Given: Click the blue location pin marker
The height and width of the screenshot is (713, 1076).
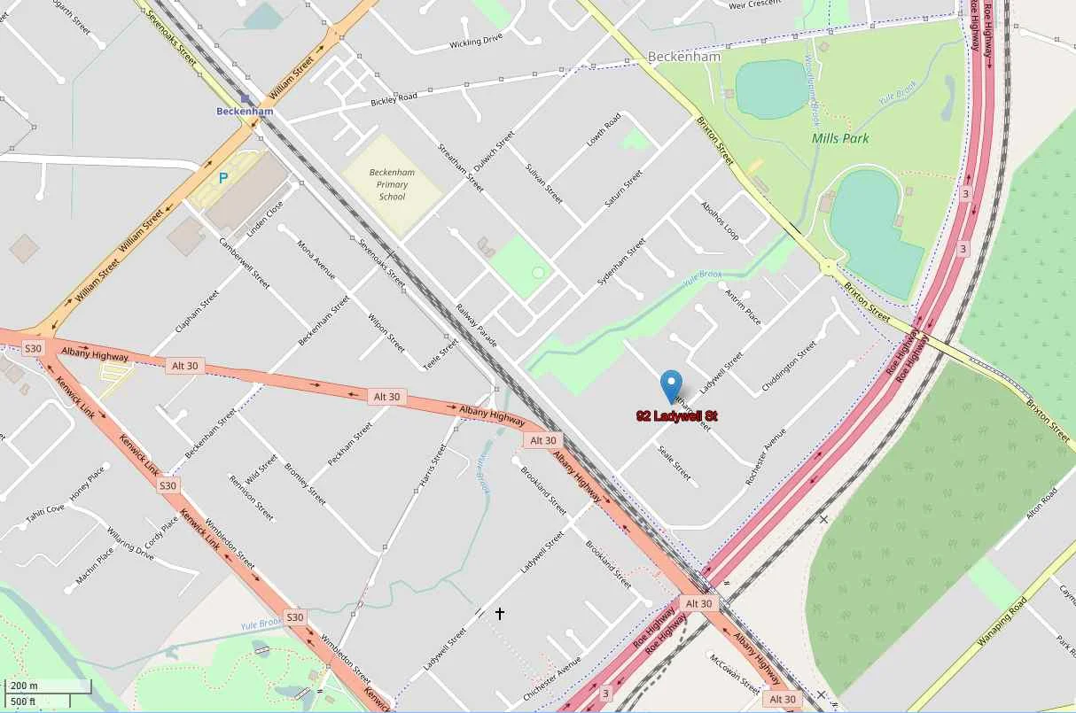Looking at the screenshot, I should click(673, 386).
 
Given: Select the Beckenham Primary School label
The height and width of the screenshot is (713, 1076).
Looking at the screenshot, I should click(391, 184).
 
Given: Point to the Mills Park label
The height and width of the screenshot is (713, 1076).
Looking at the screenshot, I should click(840, 138).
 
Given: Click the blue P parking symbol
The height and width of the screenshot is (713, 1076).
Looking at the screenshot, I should click(223, 177).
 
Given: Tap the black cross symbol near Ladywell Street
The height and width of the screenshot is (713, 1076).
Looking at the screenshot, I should click(500, 612).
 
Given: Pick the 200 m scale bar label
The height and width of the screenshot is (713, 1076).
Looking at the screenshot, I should click(24, 686).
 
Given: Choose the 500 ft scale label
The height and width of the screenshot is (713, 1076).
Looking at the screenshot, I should click(24, 702).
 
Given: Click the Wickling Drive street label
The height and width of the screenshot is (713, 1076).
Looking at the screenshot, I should click(476, 41).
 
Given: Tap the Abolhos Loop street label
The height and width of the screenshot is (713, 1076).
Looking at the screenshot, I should click(719, 220).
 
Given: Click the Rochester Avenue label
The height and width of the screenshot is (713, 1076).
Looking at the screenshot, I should click(766, 456).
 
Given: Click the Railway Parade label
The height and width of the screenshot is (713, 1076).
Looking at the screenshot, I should click(477, 325).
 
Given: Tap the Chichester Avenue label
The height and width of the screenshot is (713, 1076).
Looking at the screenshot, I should click(551, 680).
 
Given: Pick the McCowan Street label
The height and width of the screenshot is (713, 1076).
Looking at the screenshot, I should click(735, 672).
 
